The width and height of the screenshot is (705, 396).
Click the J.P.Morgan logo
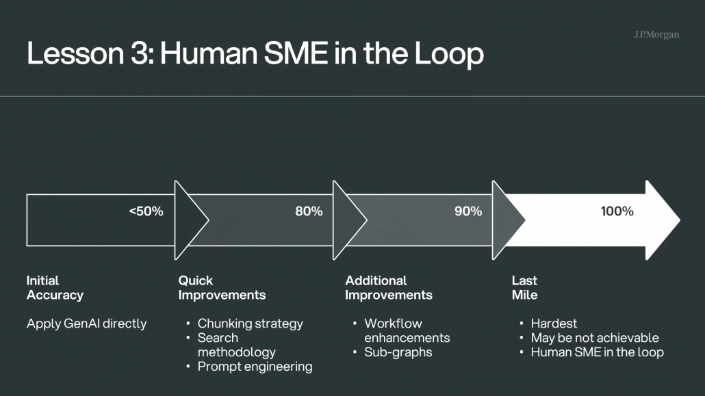click(x=656, y=35)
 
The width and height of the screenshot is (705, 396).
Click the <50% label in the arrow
click(x=146, y=211)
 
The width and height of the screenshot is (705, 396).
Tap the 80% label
click(x=309, y=211)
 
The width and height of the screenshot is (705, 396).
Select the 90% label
click(x=468, y=211)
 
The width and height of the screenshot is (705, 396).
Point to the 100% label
click(x=617, y=211)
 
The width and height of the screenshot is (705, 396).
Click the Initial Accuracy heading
click(x=55, y=288)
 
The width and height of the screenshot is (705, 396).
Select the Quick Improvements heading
click(x=222, y=288)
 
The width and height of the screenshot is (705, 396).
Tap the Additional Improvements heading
click(x=389, y=288)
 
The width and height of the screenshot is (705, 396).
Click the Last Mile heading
click(x=524, y=288)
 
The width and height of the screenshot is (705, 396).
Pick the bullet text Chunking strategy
click(x=250, y=324)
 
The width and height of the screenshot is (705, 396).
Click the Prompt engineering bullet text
click(x=255, y=367)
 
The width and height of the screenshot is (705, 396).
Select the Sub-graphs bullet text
click(x=398, y=352)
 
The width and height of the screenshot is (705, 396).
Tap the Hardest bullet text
click(x=554, y=324)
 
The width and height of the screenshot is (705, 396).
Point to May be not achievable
click(x=594, y=338)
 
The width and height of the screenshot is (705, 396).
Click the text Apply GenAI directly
click(x=86, y=324)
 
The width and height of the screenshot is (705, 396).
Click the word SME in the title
click(x=296, y=53)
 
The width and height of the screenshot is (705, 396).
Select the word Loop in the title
click(x=449, y=54)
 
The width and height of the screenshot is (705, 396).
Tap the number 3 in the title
click(x=140, y=53)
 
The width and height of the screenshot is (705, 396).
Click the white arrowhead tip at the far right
click(x=680, y=220)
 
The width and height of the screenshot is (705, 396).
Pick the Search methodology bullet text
click(x=237, y=345)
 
